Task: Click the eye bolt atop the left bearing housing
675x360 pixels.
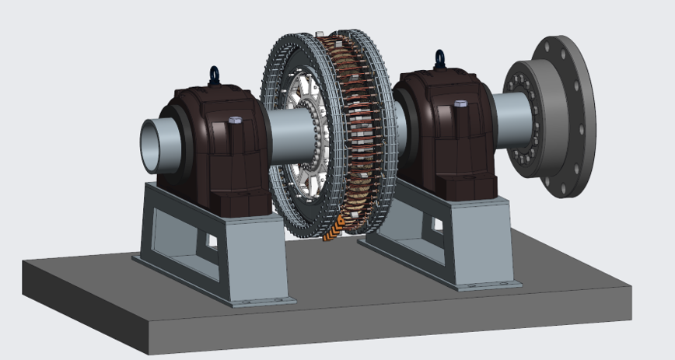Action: (x=214, y=75)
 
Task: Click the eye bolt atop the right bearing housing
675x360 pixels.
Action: (x=440, y=59)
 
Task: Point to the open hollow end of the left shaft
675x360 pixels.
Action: (x=153, y=146)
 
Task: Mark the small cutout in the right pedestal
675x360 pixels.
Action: (x=436, y=225)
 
